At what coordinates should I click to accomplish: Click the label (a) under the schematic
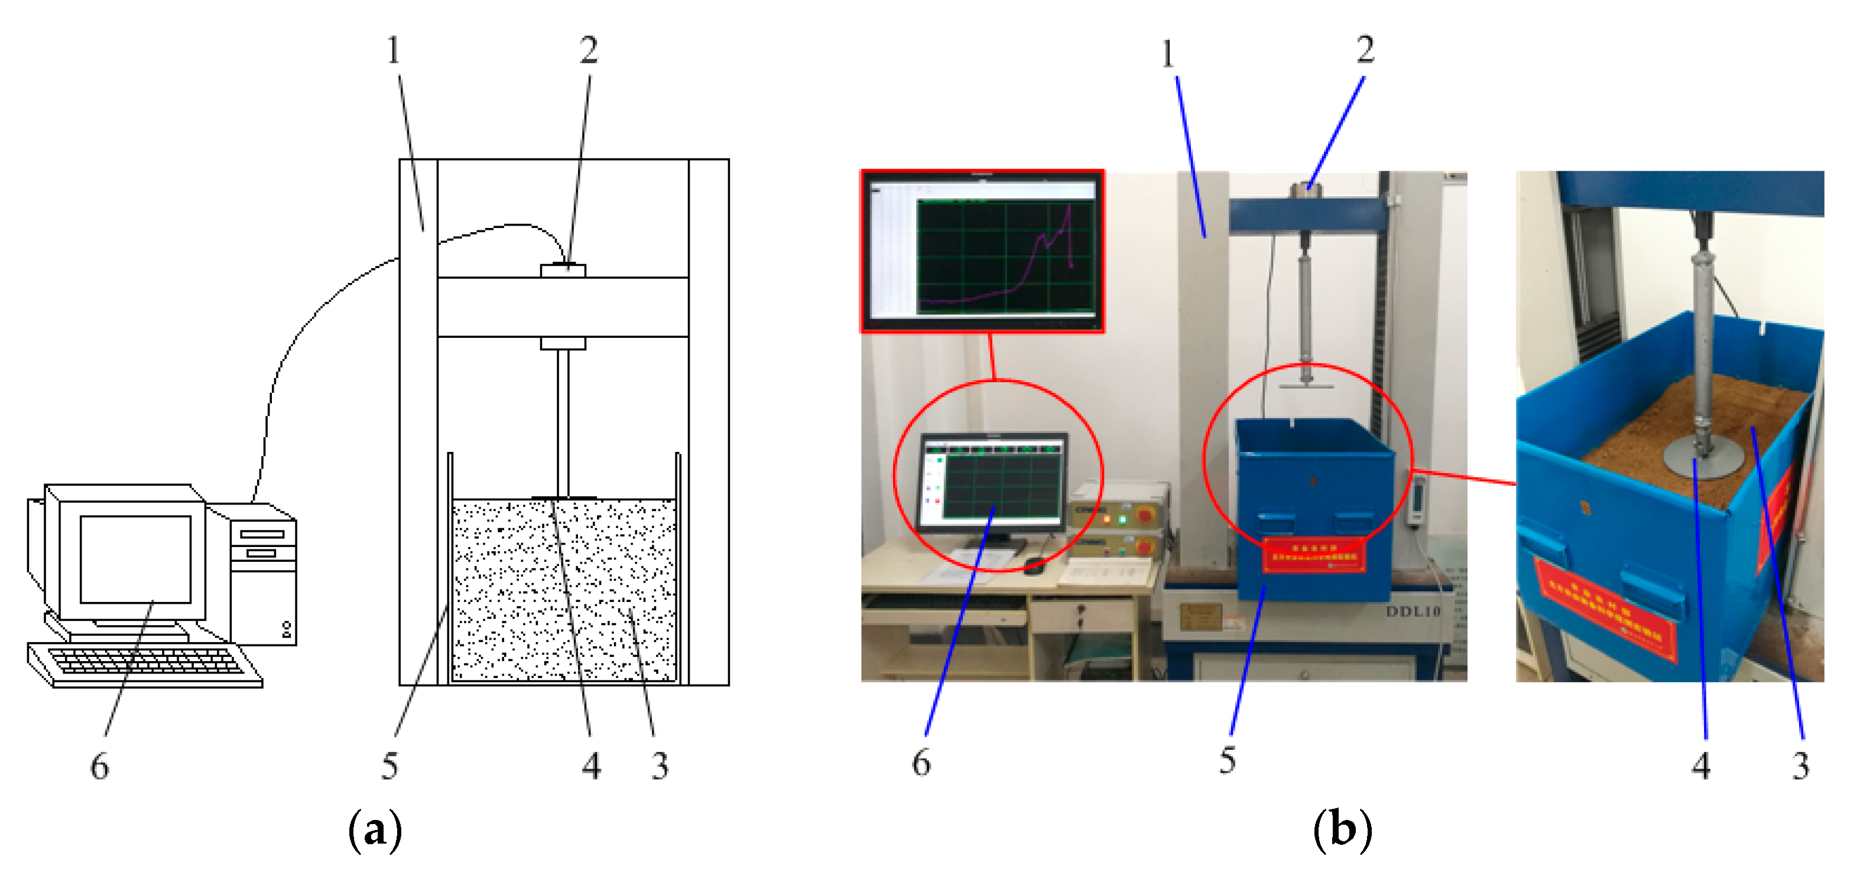pos(375,831)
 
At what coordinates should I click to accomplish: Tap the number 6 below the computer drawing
pos(99,765)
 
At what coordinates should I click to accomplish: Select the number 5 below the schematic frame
pos(389,765)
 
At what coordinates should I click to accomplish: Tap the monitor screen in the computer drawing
pos(135,558)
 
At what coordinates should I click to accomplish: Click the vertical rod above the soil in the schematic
pos(563,422)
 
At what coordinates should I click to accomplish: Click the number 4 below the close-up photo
pos(1702,765)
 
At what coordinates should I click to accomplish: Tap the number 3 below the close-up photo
pos(1801,765)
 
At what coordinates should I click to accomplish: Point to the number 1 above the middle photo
pos(1168,54)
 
